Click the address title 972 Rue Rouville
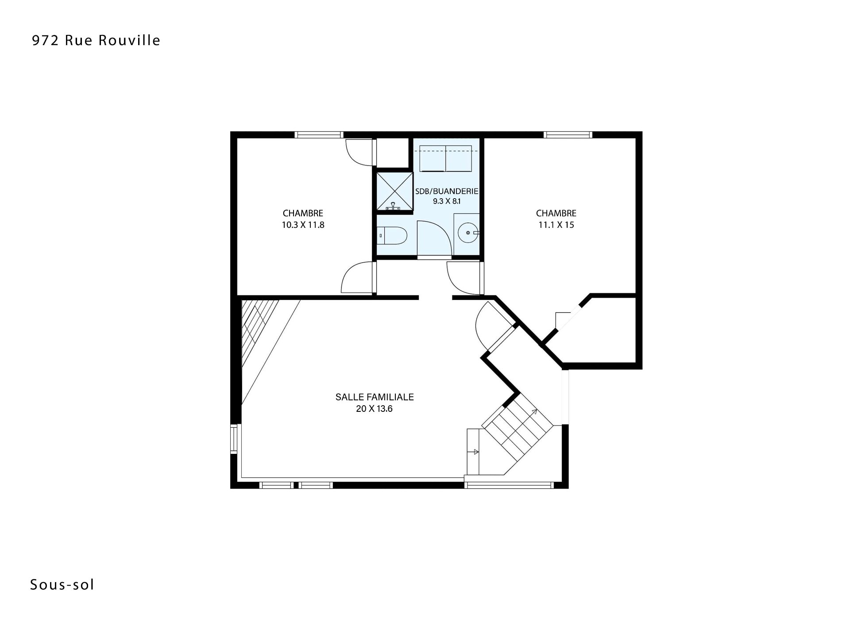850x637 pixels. tap(96, 40)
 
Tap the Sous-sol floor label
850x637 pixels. tap(62, 585)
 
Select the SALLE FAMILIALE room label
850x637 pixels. tap(375, 397)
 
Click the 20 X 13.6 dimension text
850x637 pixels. tap(375, 409)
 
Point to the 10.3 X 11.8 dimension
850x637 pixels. tap(303, 225)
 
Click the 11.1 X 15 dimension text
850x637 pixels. tap(556, 225)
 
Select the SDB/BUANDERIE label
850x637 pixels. tap(447, 191)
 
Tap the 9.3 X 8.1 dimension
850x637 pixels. tap(447, 201)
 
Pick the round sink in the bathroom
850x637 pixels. tap(468, 232)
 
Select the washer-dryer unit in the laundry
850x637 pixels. tap(445, 158)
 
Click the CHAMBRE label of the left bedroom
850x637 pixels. tap(303, 213)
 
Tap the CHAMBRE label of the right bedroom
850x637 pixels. tap(556, 213)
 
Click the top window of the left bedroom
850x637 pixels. tap(319, 135)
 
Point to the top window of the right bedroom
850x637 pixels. tap(568, 135)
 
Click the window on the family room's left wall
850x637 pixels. tap(234, 439)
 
